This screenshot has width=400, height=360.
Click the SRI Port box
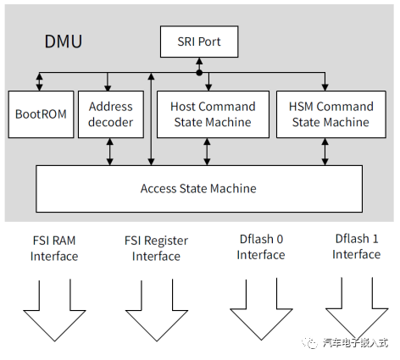199,42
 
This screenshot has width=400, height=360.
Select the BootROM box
41,114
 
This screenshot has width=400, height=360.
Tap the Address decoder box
111,114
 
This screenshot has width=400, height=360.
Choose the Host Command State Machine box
213,114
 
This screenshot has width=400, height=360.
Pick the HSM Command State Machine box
331,114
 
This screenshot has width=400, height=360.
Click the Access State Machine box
199,189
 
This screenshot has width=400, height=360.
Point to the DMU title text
64,42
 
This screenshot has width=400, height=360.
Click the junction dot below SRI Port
199,73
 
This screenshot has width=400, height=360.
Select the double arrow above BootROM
40,81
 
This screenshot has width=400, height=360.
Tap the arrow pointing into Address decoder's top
108,81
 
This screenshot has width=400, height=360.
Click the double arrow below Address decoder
110,152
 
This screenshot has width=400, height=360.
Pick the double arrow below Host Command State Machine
207,152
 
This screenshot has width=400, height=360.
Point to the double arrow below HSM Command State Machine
325,152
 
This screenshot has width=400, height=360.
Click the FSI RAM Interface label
54,248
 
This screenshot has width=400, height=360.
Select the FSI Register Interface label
156,248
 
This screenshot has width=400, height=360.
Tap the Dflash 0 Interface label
261,247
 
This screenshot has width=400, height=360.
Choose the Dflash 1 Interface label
357,246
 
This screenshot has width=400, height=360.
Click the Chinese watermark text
355,343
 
